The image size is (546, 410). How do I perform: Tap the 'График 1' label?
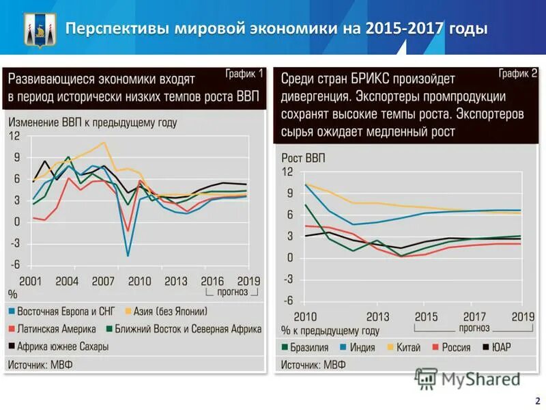coord(244,74)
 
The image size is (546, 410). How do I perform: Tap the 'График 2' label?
coord(517,72)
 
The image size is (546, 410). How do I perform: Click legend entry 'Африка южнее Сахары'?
coord(63,346)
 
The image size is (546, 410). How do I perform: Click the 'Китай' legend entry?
coord(407,347)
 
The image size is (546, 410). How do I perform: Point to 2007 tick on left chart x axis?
coord(103,281)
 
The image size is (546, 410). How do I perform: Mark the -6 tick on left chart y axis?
coord(14,266)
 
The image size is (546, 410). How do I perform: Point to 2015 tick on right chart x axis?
coord(427,316)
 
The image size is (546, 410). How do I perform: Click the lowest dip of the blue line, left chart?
coord(128,256)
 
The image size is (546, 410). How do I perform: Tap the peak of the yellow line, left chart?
coord(104,143)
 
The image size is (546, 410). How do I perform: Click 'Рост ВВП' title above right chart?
coord(303,159)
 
